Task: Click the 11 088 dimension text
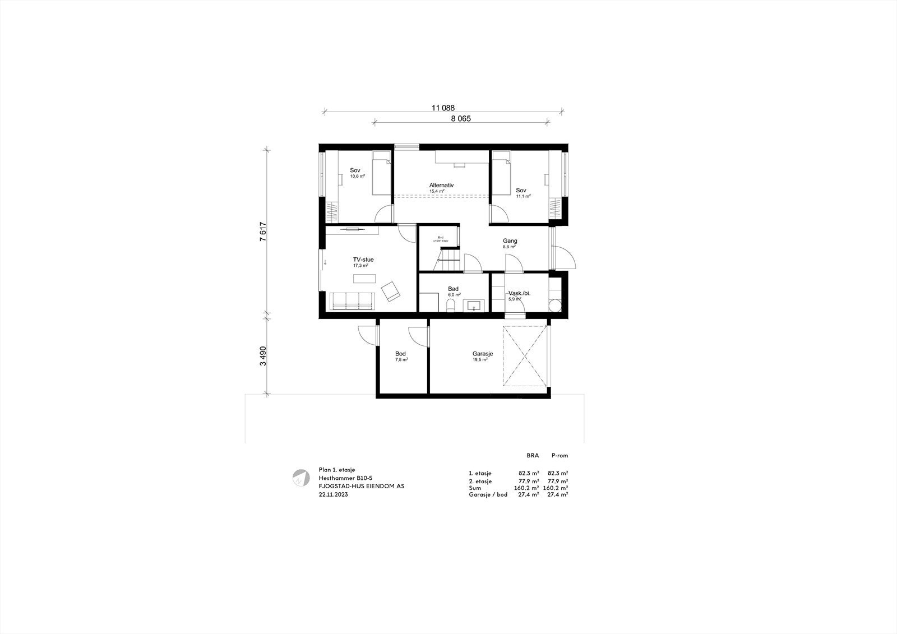click(443, 108)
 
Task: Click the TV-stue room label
click(363, 260)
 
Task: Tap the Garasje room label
click(482, 354)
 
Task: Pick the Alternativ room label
click(441, 185)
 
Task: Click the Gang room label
click(510, 240)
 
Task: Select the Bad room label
click(453, 289)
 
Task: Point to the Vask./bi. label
click(519, 293)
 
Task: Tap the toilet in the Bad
click(450, 306)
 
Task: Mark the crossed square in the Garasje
click(525, 356)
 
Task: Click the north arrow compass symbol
click(300, 477)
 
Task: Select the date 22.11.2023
click(333, 495)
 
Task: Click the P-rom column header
click(560, 456)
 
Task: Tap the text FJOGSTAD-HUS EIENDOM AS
click(361, 487)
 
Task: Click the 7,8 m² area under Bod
click(401, 360)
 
